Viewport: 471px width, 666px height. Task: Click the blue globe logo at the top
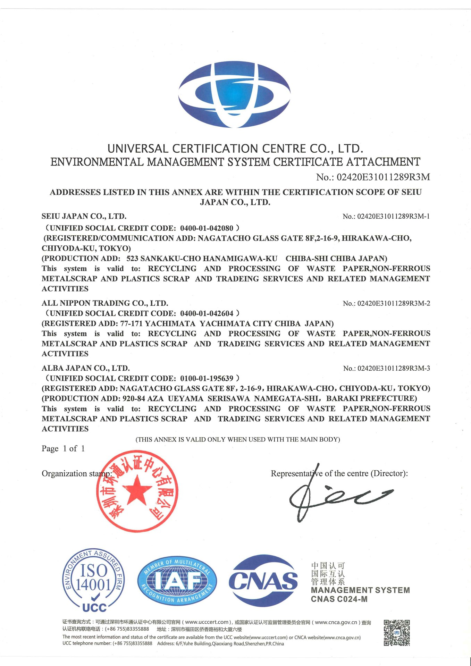235,95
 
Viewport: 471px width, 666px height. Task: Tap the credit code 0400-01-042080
207,228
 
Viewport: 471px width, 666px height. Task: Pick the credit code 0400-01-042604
207,314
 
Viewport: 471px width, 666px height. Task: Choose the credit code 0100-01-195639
207,379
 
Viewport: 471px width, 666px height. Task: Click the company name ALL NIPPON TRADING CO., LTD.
105,303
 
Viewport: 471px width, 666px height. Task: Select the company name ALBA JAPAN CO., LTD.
86,368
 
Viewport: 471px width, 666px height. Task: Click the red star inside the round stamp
137,490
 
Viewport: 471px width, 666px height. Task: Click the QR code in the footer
397,633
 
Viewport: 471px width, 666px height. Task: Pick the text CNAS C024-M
339,599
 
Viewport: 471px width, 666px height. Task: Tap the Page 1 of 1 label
63,449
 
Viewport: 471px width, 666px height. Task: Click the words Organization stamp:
77,474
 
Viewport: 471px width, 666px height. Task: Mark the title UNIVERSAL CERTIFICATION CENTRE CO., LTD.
235,149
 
